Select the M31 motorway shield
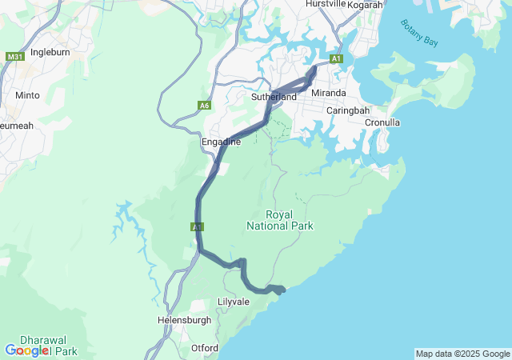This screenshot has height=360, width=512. [14, 58]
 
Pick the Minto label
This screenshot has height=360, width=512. [27, 95]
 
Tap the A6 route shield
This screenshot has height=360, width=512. [205, 105]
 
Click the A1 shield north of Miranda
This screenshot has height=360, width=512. [337, 59]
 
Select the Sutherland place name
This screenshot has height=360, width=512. [274, 97]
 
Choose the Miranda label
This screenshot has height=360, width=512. [329, 93]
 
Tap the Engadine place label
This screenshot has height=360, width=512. [220, 142]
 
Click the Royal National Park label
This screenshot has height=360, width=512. [280, 220]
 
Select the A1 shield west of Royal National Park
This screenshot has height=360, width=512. [196, 227]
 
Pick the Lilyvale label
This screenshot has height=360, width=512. [234, 302]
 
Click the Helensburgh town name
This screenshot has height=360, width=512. [186, 320]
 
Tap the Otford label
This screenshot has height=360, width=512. [205, 348]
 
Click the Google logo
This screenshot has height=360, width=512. [26, 350]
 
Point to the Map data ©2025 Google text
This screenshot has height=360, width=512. [462, 354]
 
